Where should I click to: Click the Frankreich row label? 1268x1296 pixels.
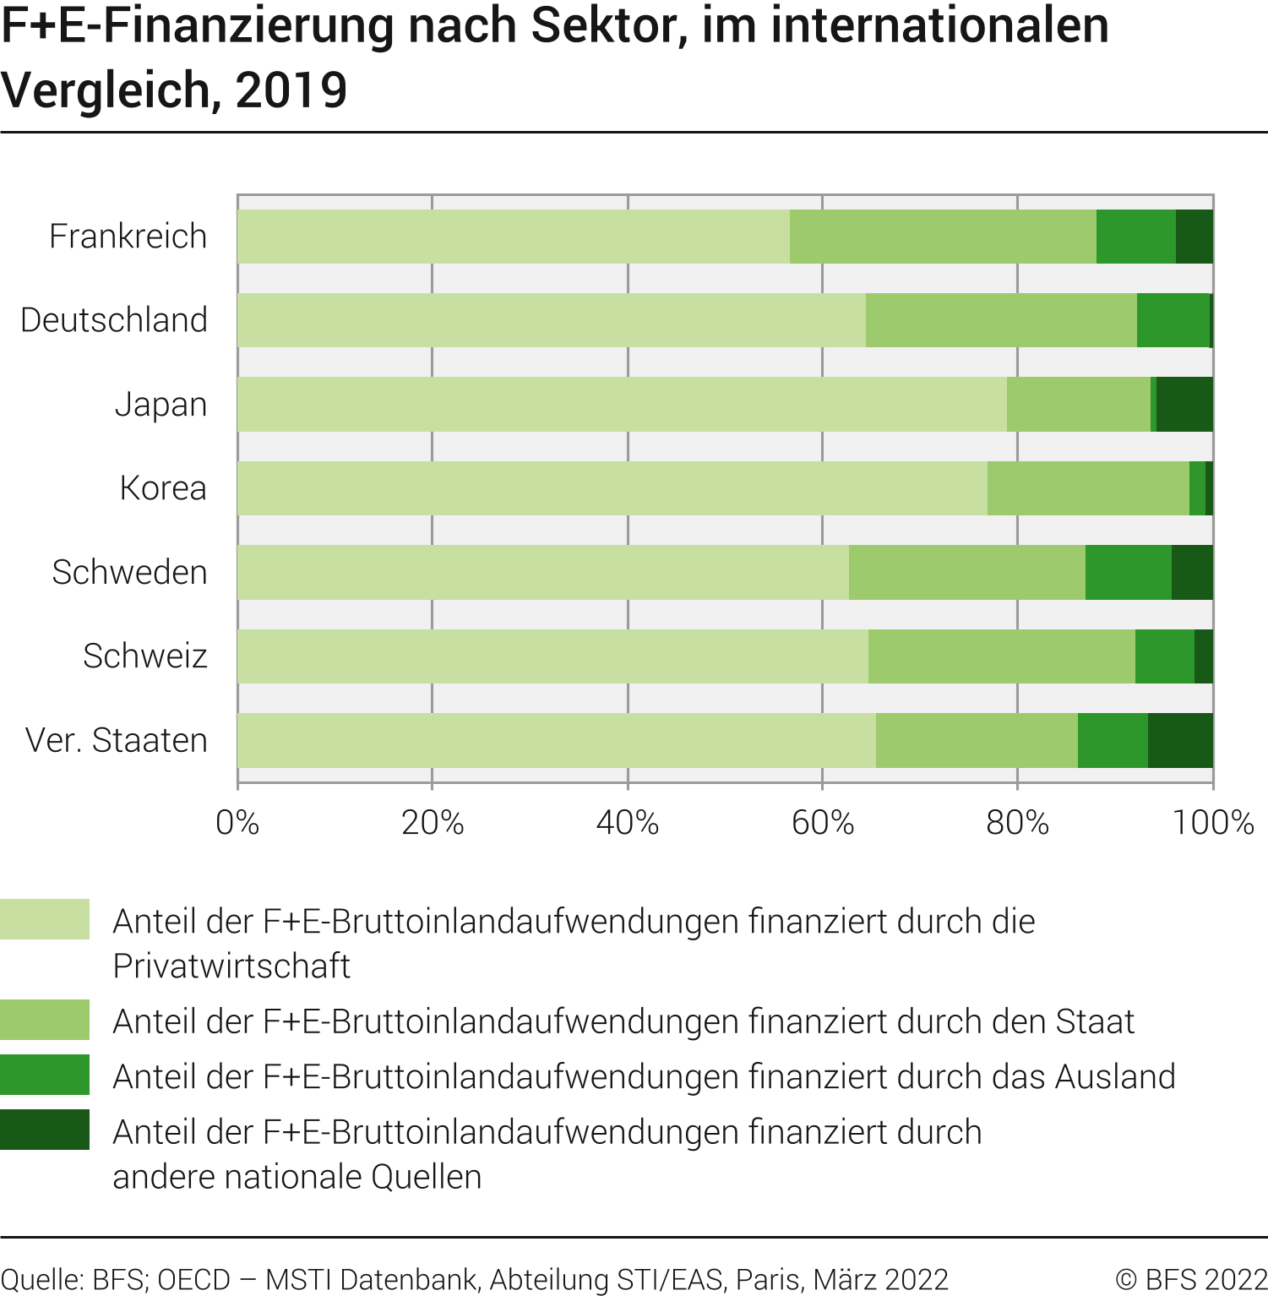128,237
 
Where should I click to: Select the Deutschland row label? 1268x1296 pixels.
114,320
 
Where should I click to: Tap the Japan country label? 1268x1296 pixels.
161,405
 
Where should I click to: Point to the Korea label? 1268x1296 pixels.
163,488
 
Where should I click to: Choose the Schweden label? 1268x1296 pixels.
129,573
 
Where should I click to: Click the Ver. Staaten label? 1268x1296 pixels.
117,740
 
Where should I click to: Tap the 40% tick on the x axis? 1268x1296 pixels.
627,822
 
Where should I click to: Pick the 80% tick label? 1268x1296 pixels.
1017,822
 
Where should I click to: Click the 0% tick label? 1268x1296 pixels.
237,822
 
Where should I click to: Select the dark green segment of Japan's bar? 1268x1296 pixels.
1184,405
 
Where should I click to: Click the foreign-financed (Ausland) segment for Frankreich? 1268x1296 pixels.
1135,237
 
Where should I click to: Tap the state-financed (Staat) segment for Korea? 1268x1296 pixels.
1088,488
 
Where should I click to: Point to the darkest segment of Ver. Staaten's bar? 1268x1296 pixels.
1180,740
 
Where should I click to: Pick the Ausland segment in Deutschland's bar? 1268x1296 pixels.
1173,320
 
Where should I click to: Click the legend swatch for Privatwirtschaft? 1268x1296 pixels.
45,919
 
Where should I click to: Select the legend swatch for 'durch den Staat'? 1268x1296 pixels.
45,1020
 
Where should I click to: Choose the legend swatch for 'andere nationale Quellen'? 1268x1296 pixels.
45,1130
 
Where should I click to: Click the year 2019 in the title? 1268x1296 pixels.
291,90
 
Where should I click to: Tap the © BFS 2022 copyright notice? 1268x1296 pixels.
1191,1279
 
